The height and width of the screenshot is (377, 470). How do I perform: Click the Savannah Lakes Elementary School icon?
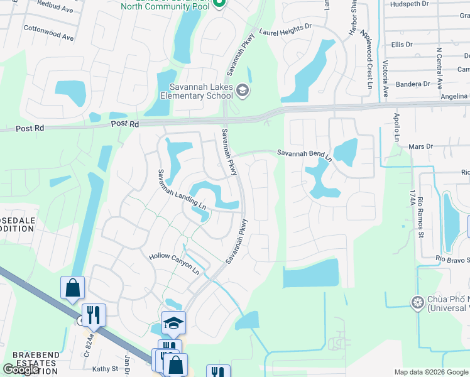(x=243, y=92)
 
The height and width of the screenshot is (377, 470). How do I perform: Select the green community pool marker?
(x=219, y=4)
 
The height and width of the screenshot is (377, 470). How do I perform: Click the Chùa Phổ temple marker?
(x=417, y=303)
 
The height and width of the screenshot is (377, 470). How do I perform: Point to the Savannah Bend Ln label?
(x=304, y=153)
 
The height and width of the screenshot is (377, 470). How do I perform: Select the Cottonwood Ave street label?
(x=48, y=33)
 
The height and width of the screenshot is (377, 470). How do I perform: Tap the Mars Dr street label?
(x=421, y=146)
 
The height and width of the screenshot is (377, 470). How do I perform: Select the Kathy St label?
(x=105, y=369)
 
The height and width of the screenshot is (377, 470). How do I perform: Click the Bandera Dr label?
(x=413, y=84)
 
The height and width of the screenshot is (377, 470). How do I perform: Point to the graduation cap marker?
(x=173, y=324)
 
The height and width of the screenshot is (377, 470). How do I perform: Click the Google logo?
(x=20, y=369)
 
